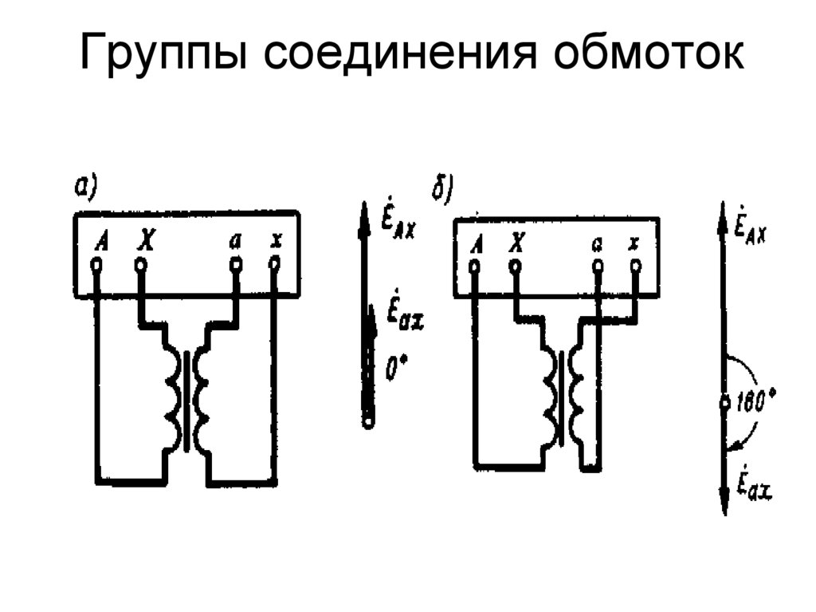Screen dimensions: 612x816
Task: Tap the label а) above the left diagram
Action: click(85, 186)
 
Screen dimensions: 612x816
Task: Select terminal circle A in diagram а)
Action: click(97, 264)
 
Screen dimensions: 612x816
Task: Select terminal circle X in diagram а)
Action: click(141, 264)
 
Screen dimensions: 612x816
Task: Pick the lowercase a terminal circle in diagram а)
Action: click(235, 264)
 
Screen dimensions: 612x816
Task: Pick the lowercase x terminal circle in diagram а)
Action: click(275, 264)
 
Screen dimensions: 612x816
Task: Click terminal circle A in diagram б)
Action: click(474, 267)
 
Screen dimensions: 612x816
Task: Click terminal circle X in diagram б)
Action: click(516, 267)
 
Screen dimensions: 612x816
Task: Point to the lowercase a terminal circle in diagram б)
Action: click(596, 267)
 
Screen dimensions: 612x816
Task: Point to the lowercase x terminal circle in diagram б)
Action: click(634, 267)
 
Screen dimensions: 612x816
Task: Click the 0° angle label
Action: click(395, 369)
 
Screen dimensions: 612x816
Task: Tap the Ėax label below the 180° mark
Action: click(751, 486)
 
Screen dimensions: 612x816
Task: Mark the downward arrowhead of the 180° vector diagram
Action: click(724, 503)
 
